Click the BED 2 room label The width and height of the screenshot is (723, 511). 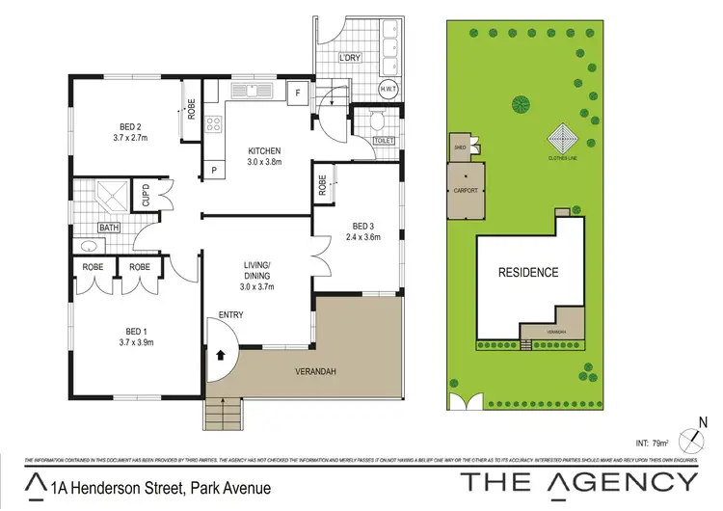[131, 126]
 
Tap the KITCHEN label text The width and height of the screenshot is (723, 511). [263, 150]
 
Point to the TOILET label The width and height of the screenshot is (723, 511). [383, 142]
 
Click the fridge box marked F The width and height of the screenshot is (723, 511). [299, 94]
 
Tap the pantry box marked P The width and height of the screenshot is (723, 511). [214, 171]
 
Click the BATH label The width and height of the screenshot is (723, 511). [108, 229]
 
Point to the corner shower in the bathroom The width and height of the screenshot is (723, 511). [112, 196]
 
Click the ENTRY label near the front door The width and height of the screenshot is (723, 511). [231, 315]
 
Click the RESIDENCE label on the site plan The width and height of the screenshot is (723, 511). [527, 273]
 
